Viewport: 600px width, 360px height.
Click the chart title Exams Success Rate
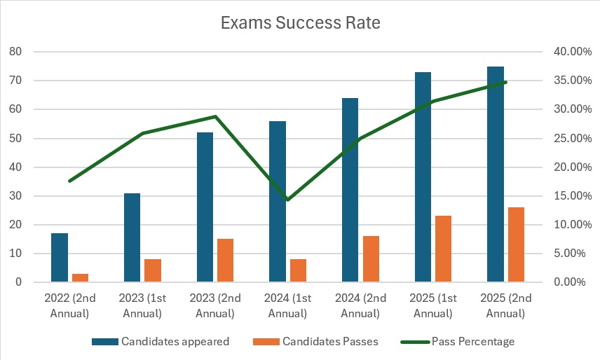pos(300,23)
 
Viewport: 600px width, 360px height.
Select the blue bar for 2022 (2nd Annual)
pos(60,257)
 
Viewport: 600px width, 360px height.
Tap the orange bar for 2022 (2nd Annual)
pos(80,277)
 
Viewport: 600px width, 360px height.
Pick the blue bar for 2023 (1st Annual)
pos(132,237)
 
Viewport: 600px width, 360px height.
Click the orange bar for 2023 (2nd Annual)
pos(225,260)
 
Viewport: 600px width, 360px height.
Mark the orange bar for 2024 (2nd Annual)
pos(371,258)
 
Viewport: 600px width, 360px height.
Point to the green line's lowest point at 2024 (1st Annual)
pos(287,200)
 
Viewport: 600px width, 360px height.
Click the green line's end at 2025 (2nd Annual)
pos(505,82)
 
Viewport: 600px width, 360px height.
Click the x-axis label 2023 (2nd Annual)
pos(214,305)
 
